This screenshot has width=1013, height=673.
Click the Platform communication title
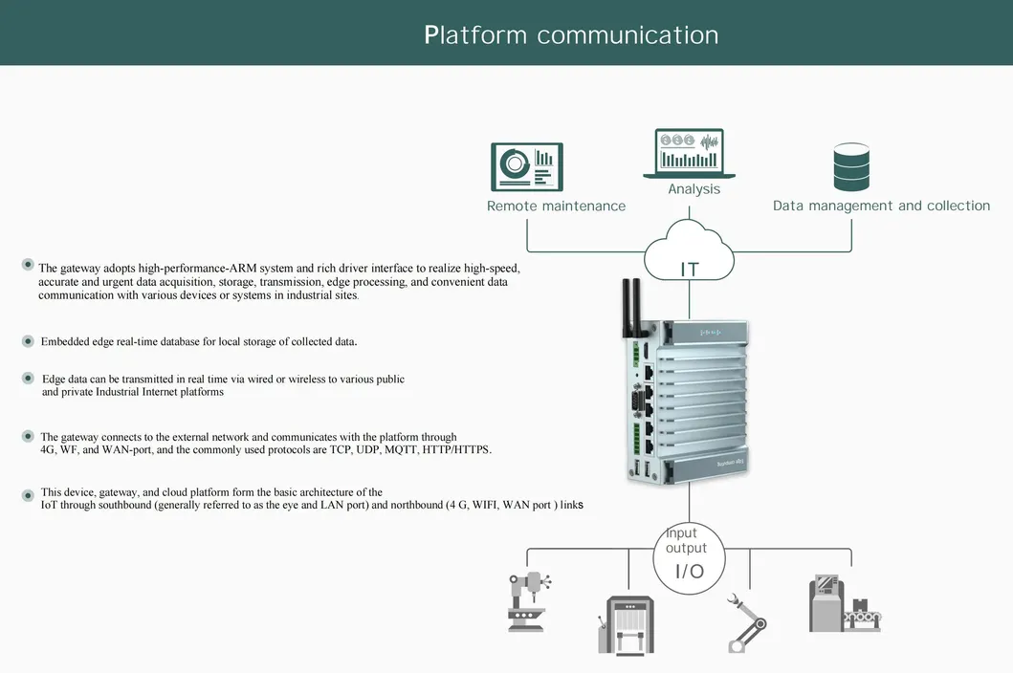(571, 35)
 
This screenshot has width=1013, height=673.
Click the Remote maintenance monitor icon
(527, 166)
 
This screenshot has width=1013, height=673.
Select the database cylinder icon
(850, 167)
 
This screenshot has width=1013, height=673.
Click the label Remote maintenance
(556, 206)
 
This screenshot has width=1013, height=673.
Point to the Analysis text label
(694, 189)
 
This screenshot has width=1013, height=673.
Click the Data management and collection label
(881, 206)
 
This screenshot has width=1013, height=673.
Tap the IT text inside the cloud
(690, 270)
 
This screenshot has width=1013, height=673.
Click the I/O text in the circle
(690, 572)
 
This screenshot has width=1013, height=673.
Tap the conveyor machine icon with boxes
(844, 603)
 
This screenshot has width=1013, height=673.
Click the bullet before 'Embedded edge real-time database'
(28, 341)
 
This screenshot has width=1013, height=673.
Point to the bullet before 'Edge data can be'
(29, 379)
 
